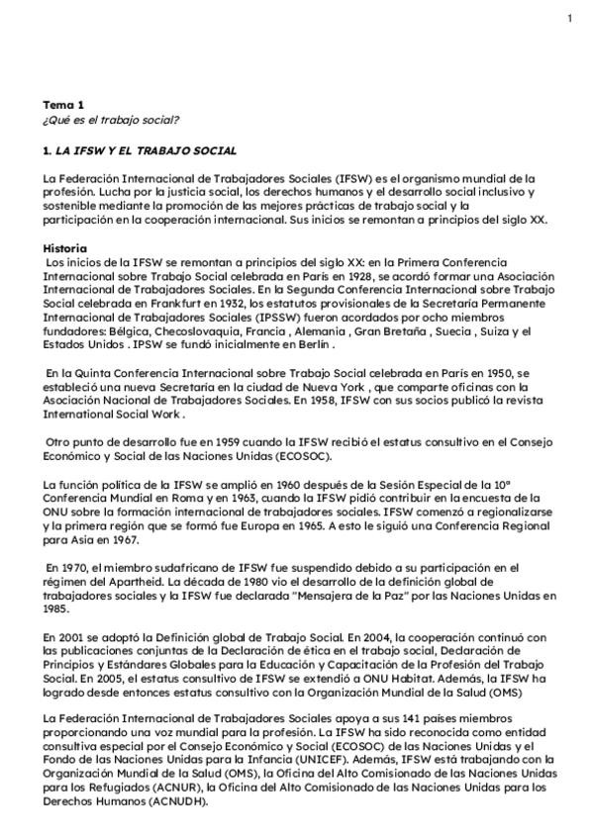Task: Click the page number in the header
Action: (x=569, y=18)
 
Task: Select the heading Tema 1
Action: (x=63, y=104)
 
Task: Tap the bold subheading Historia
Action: (x=65, y=247)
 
